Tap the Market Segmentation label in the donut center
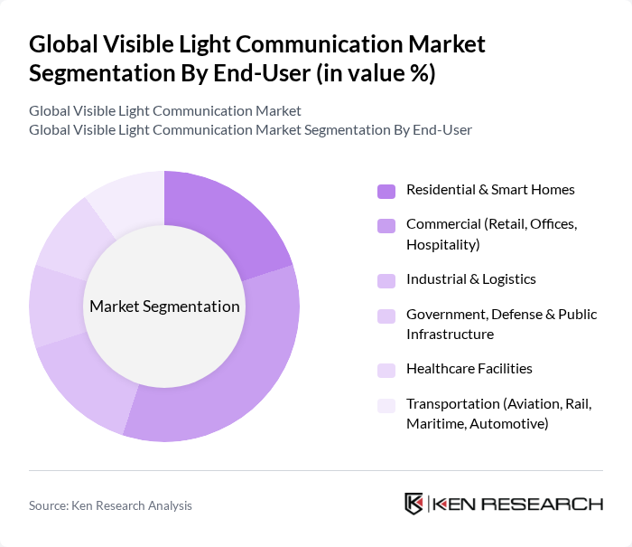tap(164, 307)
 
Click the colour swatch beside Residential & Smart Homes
tap(386, 191)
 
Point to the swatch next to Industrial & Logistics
tap(386, 280)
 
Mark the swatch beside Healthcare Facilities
tap(386, 370)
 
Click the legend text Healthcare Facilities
tap(469, 369)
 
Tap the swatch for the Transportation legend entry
tap(386, 405)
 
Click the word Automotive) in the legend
tap(507, 423)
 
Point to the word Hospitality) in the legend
tap(442, 244)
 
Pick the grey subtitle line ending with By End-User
tap(250, 129)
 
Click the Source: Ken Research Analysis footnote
tap(110, 505)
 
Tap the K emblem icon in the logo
tap(414, 504)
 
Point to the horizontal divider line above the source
tap(316, 470)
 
